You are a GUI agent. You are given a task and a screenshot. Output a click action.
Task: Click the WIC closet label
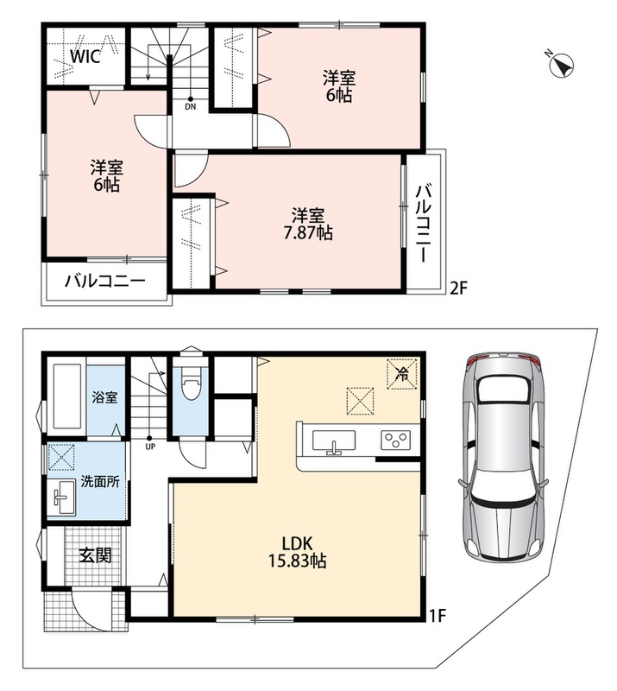(x=85, y=56)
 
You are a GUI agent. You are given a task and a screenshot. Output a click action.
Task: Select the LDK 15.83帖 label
(x=297, y=551)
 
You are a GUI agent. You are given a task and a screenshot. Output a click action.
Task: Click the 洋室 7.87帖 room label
(x=308, y=224)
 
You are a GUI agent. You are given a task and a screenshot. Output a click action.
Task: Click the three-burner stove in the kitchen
(x=395, y=441)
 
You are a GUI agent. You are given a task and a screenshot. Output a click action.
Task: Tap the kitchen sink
(x=333, y=441)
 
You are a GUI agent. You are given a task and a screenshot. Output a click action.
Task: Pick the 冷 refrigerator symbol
(x=401, y=374)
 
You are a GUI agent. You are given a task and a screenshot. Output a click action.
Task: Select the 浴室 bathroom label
(x=104, y=397)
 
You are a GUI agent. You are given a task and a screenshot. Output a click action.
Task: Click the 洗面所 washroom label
(x=100, y=481)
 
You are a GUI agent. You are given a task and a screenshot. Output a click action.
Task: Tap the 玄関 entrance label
(x=95, y=555)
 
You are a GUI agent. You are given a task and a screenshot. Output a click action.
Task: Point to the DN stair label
(x=190, y=107)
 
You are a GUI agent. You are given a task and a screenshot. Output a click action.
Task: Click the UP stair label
(x=150, y=445)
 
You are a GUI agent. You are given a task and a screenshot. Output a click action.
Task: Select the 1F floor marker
(x=438, y=615)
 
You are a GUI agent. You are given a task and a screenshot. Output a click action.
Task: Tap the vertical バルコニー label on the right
(x=423, y=224)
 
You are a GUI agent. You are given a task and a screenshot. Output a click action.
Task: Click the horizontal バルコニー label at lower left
(x=104, y=281)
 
